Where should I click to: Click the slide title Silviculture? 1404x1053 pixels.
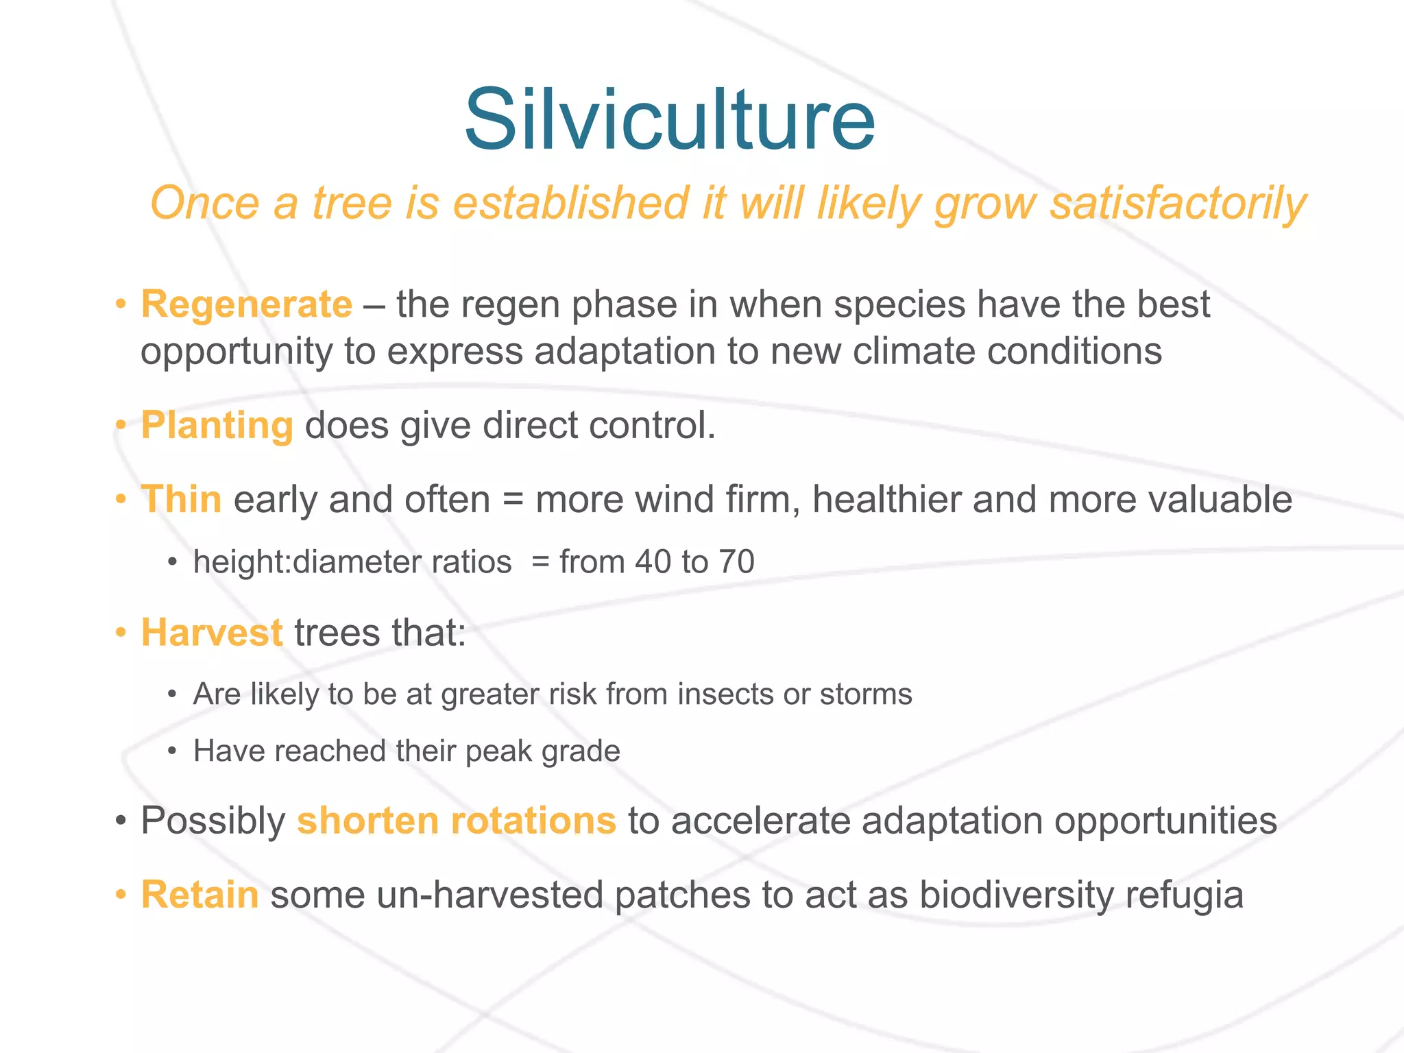click(x=669, y=120)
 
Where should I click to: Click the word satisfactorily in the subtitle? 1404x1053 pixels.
click(x=1178, y=204)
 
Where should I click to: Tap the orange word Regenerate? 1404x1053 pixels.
click(x=246, y=304)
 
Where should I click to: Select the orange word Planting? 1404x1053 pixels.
click(x=217, y=426)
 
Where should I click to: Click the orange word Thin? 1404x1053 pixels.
click(x=181, y=499)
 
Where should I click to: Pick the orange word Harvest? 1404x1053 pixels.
click(x=211, y=632)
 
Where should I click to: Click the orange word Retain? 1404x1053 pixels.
click(x=199, y=895)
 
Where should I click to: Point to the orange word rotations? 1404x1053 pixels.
click(x=533, y=821)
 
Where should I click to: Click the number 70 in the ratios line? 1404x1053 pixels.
click(x=736, y=562)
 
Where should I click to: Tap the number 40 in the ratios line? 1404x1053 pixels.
click(x=653, y=562)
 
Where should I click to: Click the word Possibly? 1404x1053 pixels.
click(x=213, y=822)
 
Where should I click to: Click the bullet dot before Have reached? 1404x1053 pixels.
click(x=173, y=752)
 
